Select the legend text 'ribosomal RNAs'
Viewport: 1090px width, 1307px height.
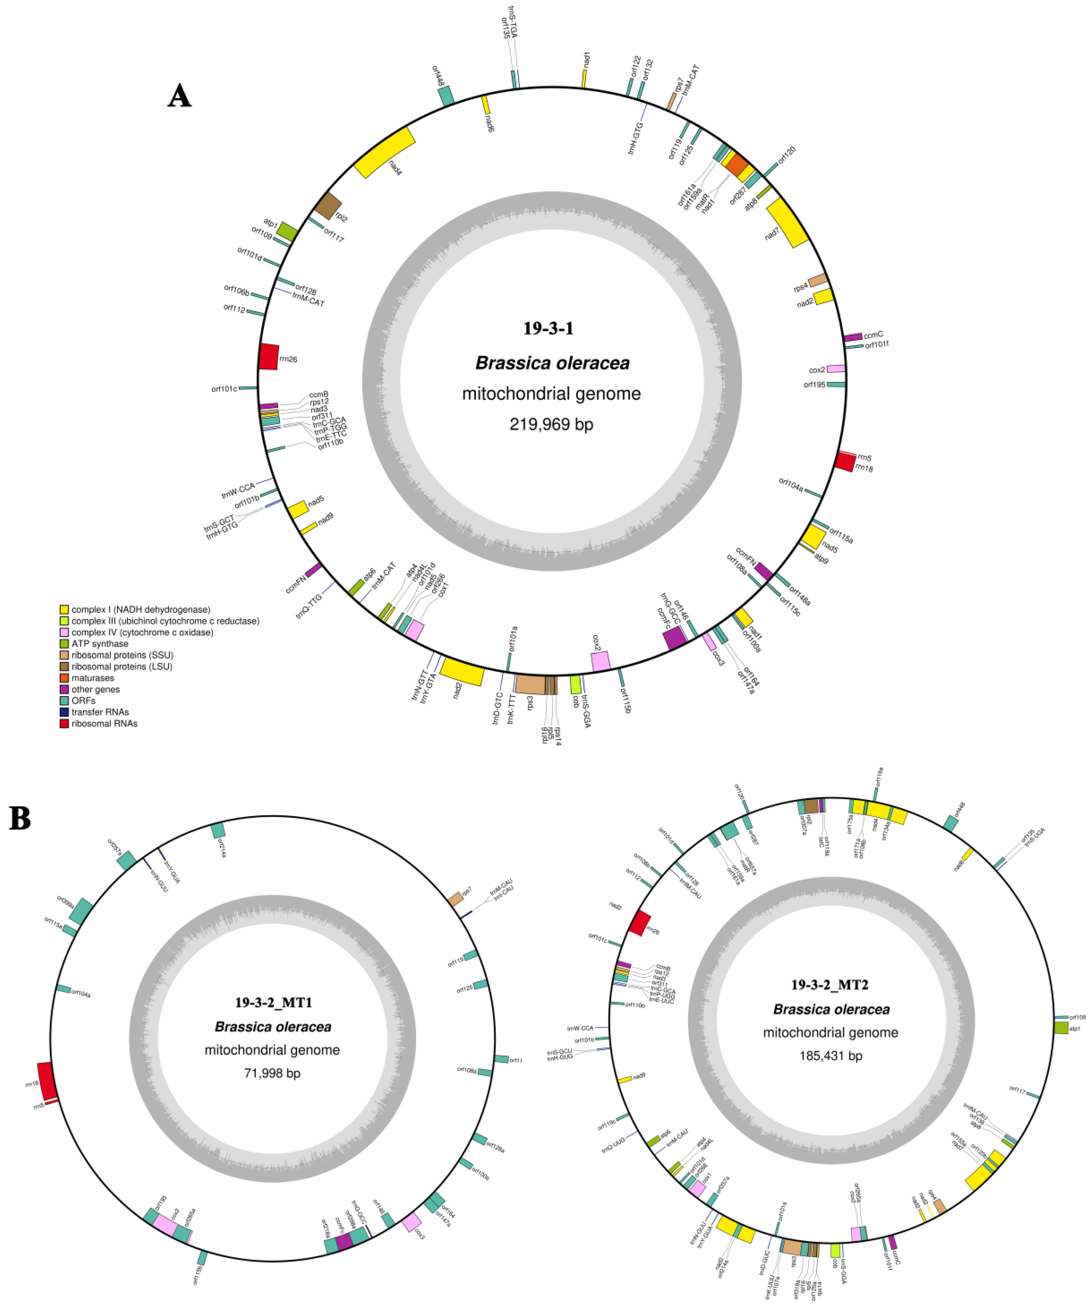tap(105, 723)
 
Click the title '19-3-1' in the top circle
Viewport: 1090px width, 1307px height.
tap(548, 328)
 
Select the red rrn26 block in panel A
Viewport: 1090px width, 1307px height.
tap(268, 357)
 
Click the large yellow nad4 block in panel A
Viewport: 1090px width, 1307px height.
tap(384, 152)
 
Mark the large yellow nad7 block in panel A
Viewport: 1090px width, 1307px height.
tap(788, 223)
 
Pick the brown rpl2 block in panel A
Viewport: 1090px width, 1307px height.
tap(328, 205)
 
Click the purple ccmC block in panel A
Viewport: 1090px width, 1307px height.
tap(852, 337)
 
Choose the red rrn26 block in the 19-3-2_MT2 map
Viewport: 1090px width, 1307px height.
tap(639, 924)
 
